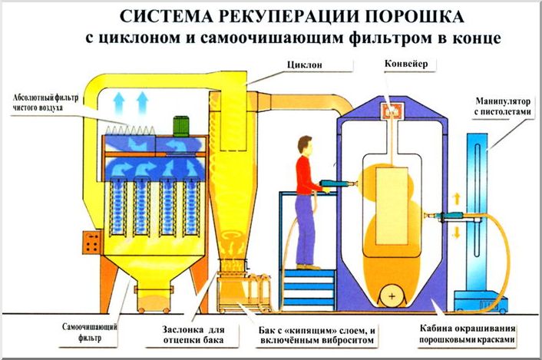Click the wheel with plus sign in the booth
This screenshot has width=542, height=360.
click(x=394, y=295)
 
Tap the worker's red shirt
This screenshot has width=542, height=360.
click(x=304, y=173)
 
